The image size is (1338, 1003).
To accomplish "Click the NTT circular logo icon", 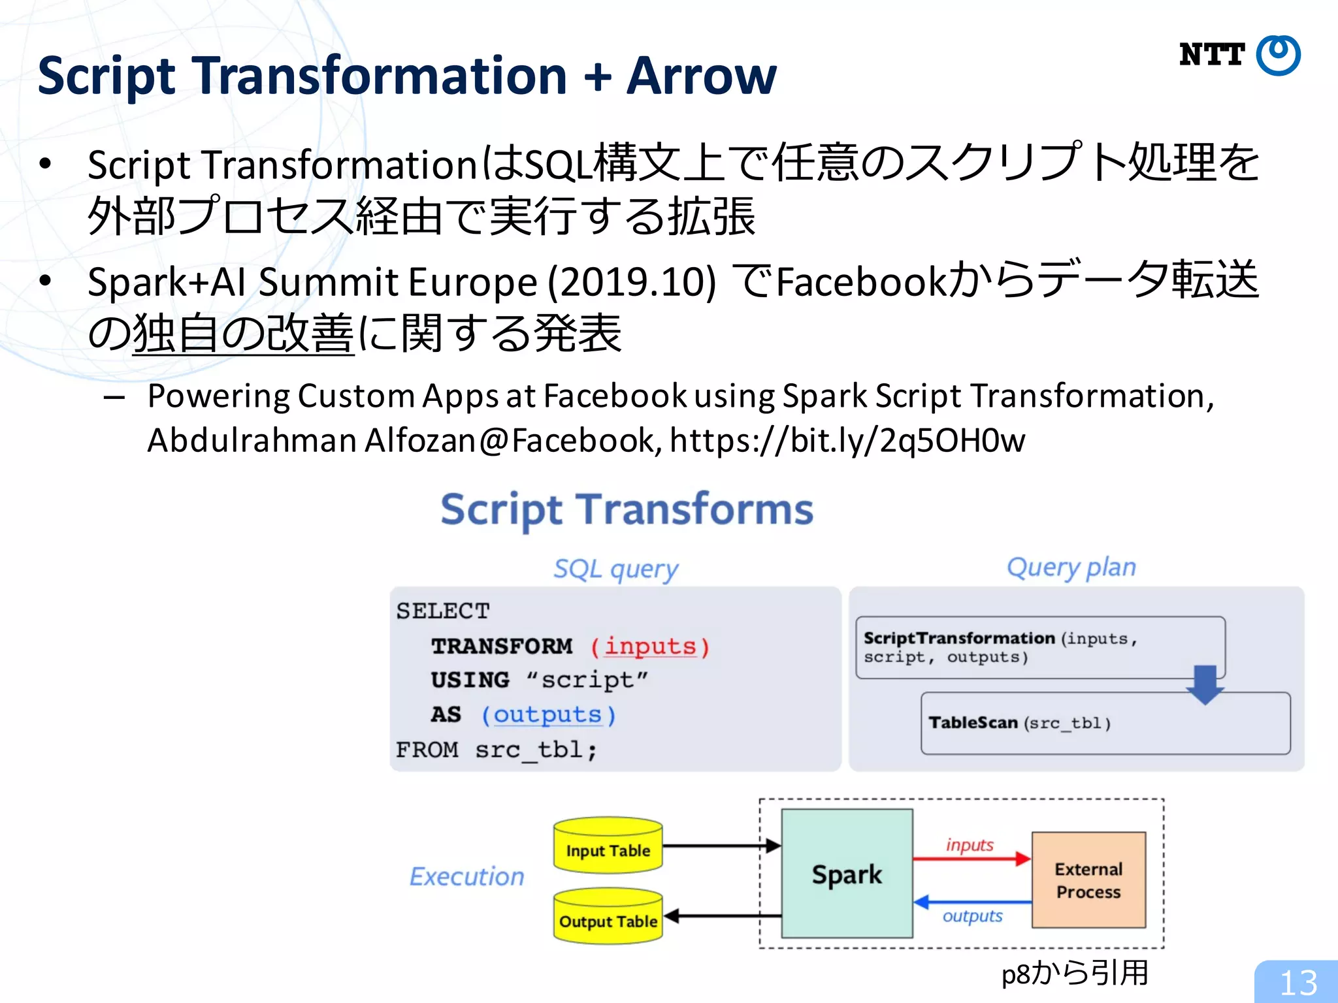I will pos(1278,56).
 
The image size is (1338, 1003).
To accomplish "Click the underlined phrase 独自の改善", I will pos(243,334).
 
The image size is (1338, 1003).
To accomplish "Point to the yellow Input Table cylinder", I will pos(608,846).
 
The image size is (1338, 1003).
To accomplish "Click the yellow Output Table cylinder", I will pos(608,916).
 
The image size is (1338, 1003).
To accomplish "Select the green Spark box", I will pos(847,874).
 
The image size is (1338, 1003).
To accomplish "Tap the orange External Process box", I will pos(1088,880).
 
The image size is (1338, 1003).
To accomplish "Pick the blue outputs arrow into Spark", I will pos(971,902).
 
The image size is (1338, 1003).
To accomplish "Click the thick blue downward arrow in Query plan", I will pos(1205,684).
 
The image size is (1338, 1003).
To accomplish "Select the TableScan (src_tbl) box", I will pos(1105,724).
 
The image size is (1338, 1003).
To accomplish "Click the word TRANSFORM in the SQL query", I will pos(502,646).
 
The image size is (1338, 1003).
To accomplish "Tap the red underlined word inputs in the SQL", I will pos(650,646).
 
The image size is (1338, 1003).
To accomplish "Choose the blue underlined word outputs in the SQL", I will pos(547,714).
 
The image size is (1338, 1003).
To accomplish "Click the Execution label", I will pos(466,876).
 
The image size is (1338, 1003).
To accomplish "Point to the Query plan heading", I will pos(1071,567).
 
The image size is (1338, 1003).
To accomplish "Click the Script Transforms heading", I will pos(627,509).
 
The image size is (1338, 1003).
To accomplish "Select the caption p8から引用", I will pos(1075,973).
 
